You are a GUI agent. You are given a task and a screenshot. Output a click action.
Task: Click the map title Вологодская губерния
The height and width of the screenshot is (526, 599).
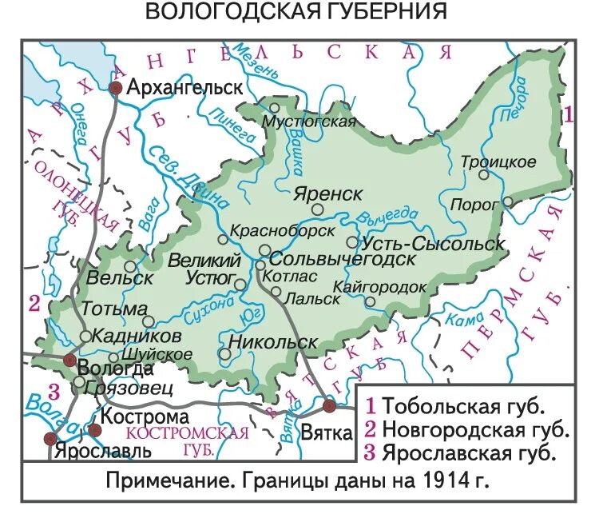tap(296, 13)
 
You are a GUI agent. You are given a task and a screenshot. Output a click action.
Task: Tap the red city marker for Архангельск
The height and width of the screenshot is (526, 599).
tap(116, 88)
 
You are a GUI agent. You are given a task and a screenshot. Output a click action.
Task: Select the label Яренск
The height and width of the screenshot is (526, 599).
tap(327, 194)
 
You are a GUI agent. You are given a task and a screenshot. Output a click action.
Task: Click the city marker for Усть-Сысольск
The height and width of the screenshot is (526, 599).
tap(352, 241)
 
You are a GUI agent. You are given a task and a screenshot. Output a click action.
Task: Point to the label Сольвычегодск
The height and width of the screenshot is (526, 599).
tap(342, 259)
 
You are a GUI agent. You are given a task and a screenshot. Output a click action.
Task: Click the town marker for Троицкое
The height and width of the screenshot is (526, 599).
tap(483, 174)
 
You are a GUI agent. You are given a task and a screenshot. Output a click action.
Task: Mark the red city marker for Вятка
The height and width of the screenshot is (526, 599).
tap(330, 406)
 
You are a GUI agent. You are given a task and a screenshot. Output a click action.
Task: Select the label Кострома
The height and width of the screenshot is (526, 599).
tap(145, 416)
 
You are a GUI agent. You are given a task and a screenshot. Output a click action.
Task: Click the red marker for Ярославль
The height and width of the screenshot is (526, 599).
tap(52, 437)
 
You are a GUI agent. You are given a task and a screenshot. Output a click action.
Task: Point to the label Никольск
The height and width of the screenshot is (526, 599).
tap(272, 342)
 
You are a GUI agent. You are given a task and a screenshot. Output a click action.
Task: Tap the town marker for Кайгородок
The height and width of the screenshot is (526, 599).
tap(370, 301)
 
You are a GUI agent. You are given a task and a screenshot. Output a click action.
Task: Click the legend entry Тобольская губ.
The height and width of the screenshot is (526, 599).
tap(463, 404)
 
